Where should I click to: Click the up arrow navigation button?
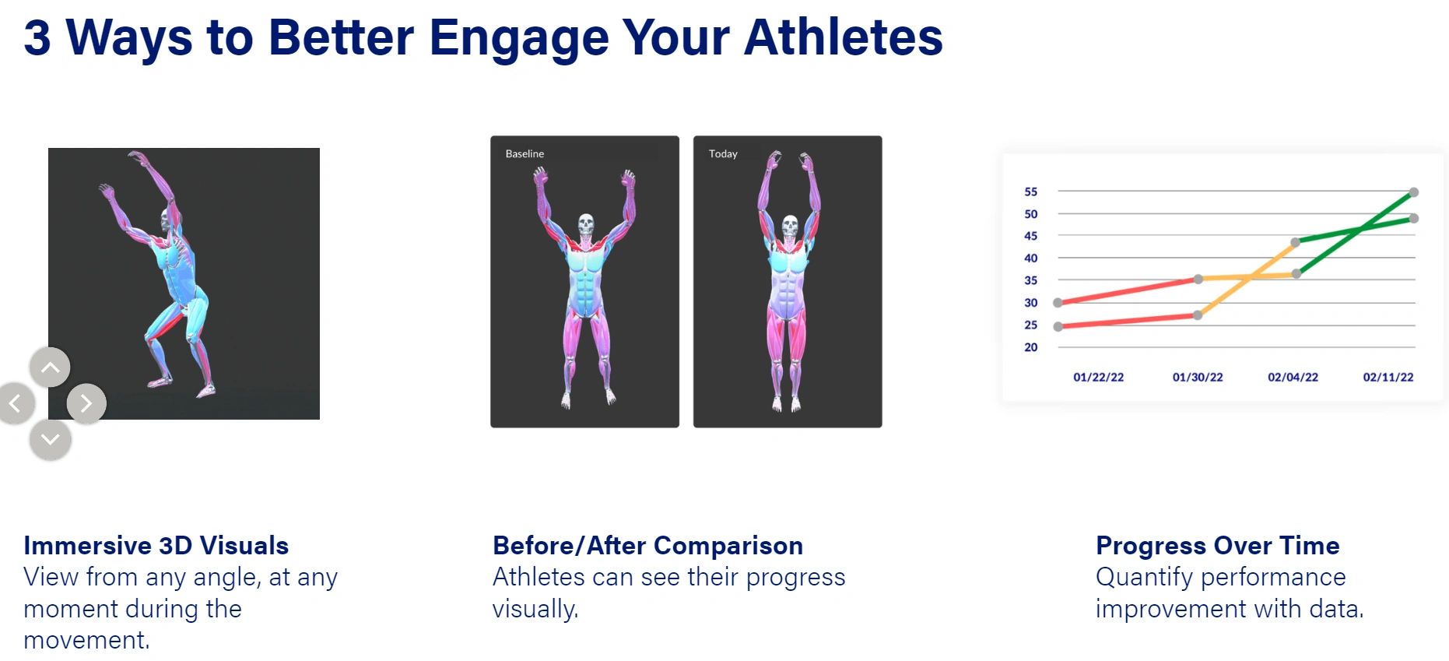50,367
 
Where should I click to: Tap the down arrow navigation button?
50,439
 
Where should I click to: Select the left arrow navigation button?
16,403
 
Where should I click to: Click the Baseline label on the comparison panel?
525,153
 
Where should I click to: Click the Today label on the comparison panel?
723,153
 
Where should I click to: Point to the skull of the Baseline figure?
586,225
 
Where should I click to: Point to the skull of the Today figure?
789,226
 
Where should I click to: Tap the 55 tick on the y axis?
1030,192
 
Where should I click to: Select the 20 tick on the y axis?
1030,347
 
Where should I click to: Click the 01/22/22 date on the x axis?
1098,377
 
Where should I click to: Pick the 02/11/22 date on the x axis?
1388,377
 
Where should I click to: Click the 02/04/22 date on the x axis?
1293,377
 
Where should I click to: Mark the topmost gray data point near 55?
1414,192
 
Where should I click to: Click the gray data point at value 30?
1058,303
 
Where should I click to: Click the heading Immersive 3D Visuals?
156,545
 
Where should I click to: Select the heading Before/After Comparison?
647,545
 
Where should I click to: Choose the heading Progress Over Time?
1217,545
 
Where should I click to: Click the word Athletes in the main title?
843,37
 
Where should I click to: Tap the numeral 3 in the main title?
37,37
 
